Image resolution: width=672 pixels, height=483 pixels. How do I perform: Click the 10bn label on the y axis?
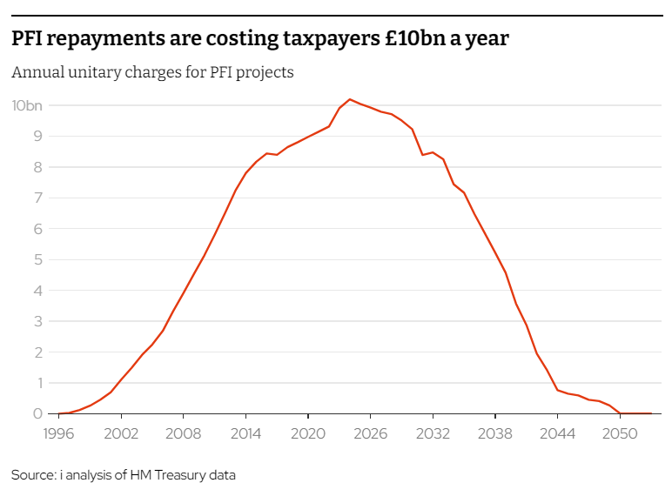[x=26, y=105]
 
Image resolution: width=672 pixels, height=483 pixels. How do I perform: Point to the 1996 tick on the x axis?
[x=58, y=433]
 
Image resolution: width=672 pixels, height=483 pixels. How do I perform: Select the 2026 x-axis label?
[x=370, y=433]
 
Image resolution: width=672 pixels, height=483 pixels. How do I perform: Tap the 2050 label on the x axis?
[x=619, y=433]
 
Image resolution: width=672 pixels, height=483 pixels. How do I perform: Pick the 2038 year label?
[x=494, y=433]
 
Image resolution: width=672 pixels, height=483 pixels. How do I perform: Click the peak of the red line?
[x=349, y=99]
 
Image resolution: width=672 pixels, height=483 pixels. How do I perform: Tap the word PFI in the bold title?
[x=28, y=39]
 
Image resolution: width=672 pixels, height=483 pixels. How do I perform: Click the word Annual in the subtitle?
[x=36, y=72]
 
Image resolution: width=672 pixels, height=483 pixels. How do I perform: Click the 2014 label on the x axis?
[x=245, y=433]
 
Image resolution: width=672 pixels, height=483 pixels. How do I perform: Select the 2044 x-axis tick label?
[x=557, y=433]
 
